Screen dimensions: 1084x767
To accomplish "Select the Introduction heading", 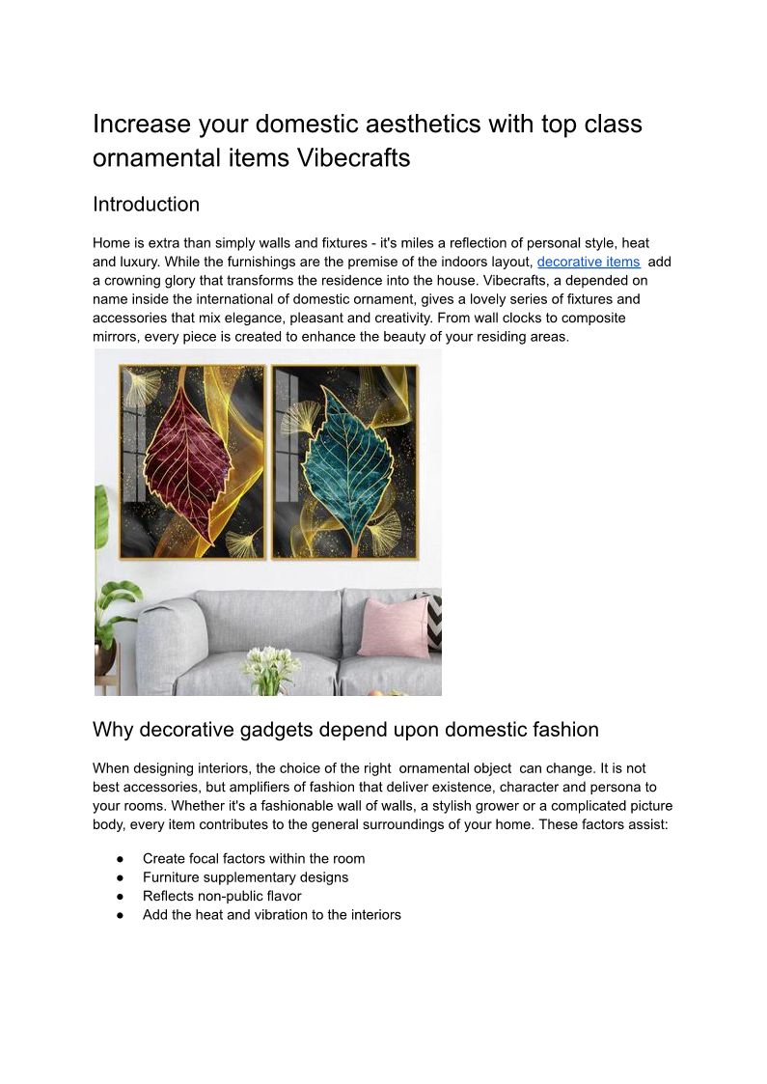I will tap(146, 205).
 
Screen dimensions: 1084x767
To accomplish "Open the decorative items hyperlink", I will tap(589, 262).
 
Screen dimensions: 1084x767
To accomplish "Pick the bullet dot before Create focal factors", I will tap(120, 859).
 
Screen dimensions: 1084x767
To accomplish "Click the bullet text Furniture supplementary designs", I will tap(245, 877).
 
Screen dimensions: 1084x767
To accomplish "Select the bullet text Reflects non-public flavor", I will tap(222, 896).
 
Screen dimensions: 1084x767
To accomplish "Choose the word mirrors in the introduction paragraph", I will tap(115, 336).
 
